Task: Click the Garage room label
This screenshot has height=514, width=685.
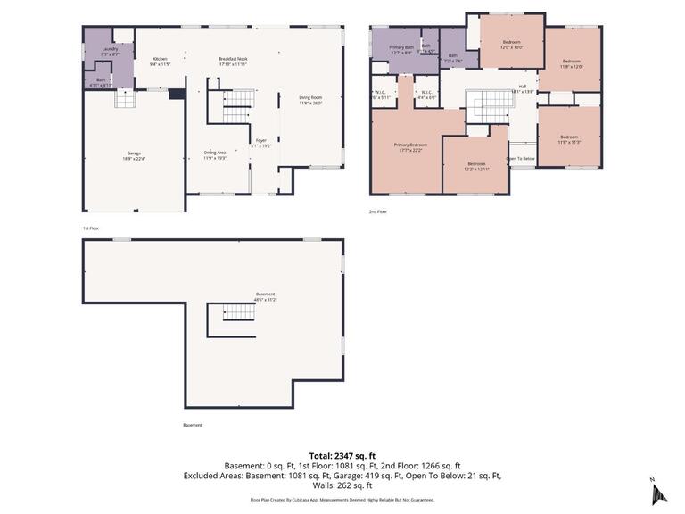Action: click(x=134, y=154)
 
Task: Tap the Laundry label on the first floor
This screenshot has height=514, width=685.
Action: click(x=110, y=49)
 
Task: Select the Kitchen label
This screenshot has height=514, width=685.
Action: click(x=160, y=60)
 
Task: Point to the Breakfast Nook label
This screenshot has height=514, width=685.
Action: click(x=233, y=60)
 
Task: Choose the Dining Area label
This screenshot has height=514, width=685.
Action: click(x=214, y=153)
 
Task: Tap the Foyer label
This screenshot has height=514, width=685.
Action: click(x=261, y=140)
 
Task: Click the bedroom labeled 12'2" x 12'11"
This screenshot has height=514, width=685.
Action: click(x=476, y=164)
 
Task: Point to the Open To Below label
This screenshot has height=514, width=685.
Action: click(x=521, y=159)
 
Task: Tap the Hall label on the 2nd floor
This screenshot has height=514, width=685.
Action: click(x=522, y=87)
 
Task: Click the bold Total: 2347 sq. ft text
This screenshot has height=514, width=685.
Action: click(x=342, y=455)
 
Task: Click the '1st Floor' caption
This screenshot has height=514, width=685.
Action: click(x=91, y=228)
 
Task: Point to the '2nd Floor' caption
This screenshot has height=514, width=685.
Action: click(x=378, y=211)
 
